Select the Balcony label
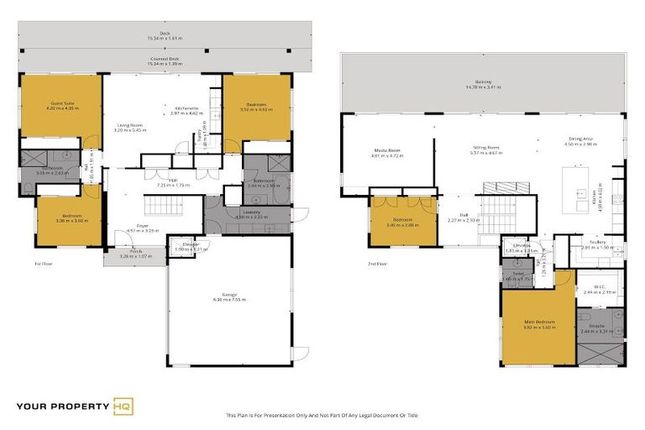click(x=483, y=81)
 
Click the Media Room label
click(x=388, y=150)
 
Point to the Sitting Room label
click(x=485, y=148)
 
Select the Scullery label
click(x=598, y=243)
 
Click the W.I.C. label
click(x=600, y=287)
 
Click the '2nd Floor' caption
click(x=378, y=264)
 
